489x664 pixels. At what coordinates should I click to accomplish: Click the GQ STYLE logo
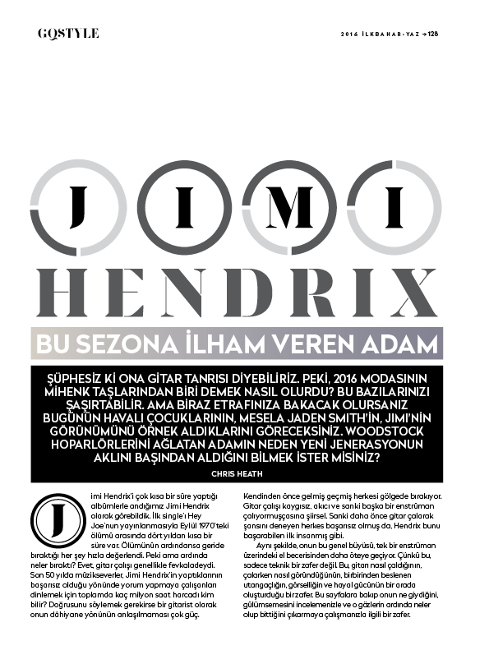[x=68, y=33]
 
